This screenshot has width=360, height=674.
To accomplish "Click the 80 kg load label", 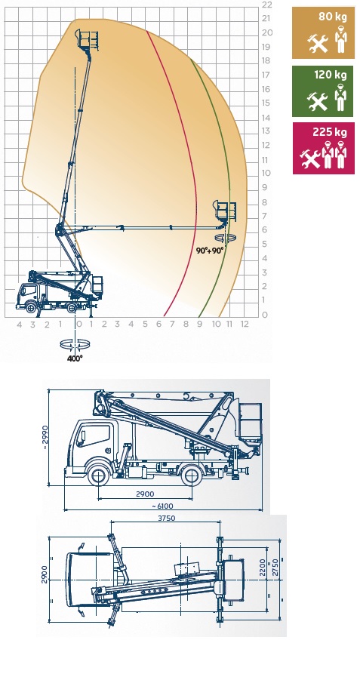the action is click(332, 17).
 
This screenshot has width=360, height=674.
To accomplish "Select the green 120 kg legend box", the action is click(323, 91).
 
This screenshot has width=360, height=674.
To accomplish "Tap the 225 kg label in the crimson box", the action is click(330, 132).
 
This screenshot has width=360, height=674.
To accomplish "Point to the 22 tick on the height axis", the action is click(267, 5).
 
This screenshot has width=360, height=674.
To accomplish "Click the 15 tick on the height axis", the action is click(266, 103).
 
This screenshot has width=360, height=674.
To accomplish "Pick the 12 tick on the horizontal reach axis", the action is click(245, 325).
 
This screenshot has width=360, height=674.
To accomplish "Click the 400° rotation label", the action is click(75, 359).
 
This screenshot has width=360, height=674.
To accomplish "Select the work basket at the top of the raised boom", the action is click(88, 38).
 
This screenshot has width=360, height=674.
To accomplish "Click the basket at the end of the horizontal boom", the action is click(226, 211).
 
